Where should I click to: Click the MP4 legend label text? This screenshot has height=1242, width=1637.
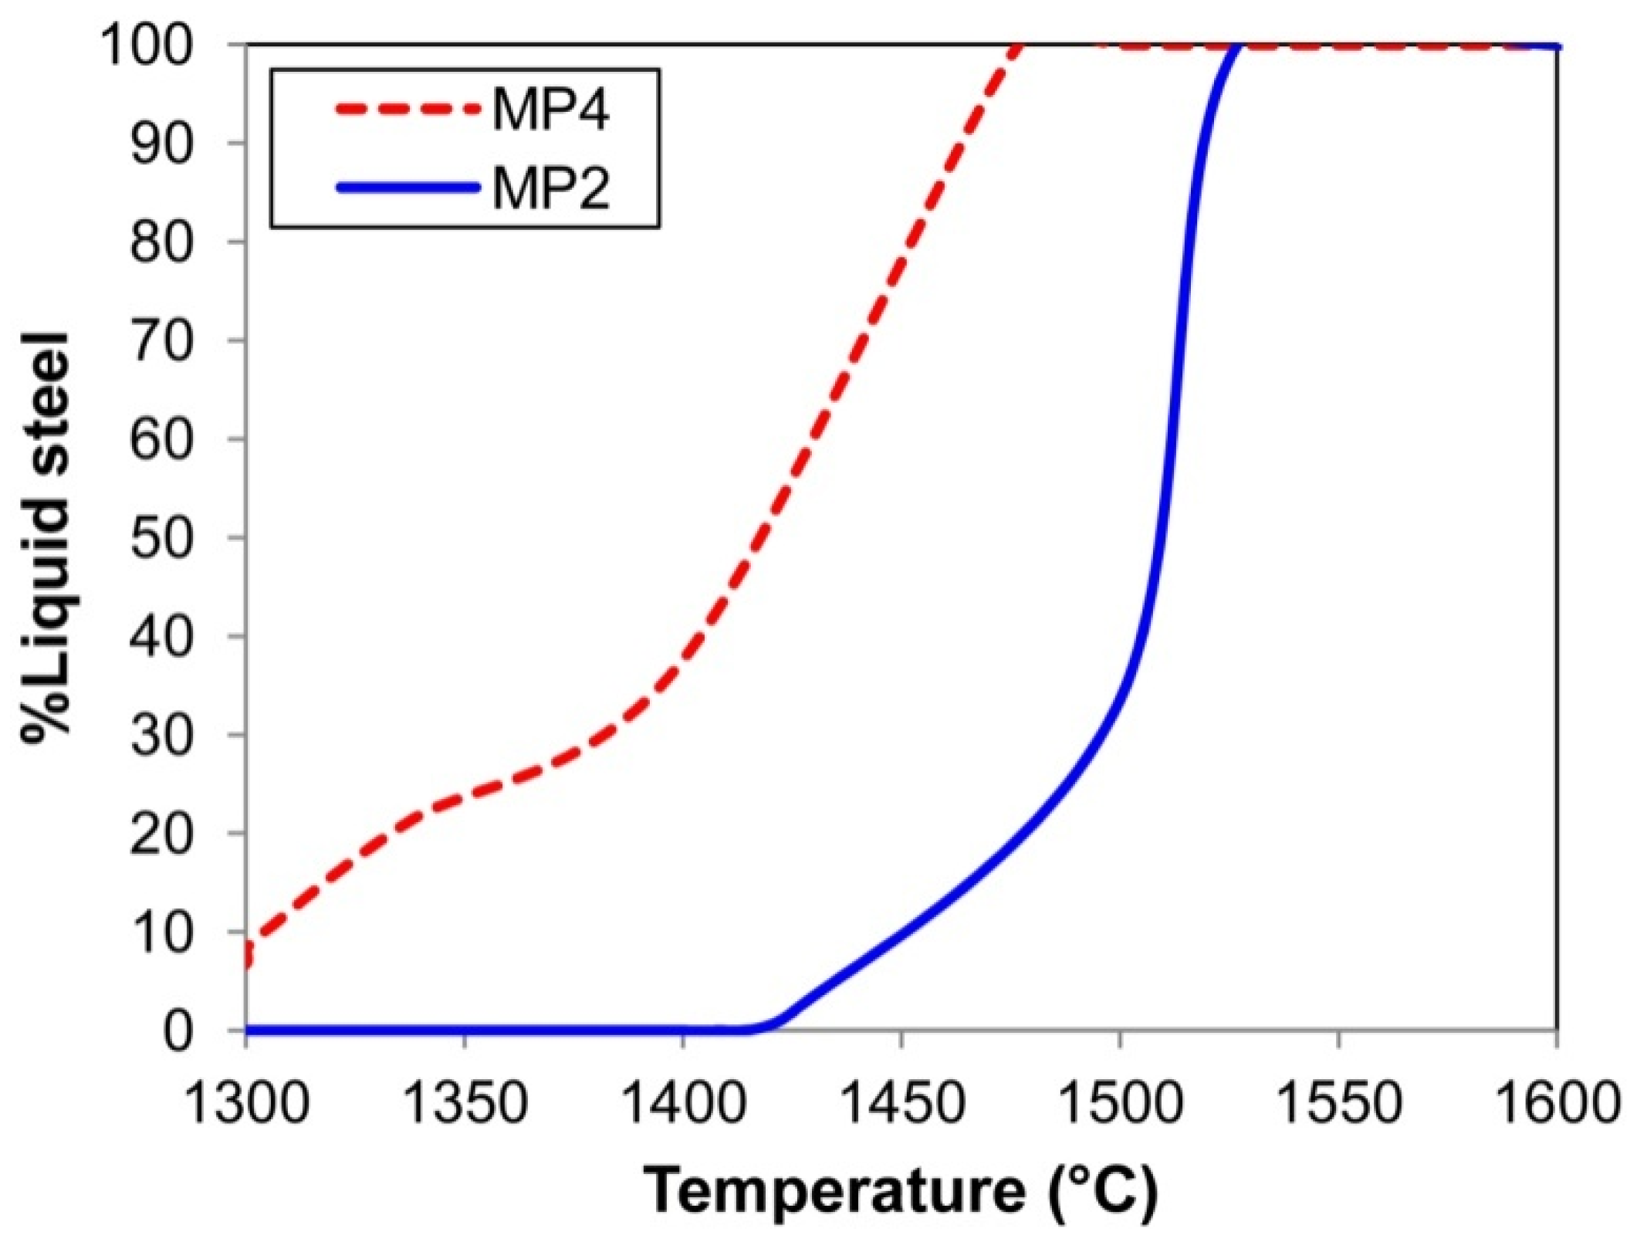(x=550, y=110)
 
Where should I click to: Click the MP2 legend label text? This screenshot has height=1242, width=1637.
(x=550, y=189)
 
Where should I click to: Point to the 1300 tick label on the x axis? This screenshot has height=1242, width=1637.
(x=246, y=1104)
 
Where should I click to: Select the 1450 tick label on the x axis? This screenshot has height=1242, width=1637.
(x=901, y=1104)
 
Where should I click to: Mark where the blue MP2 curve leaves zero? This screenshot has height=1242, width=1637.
(x=760, y=1028)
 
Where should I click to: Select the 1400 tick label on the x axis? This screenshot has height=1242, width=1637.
(x=682, y=1104)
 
